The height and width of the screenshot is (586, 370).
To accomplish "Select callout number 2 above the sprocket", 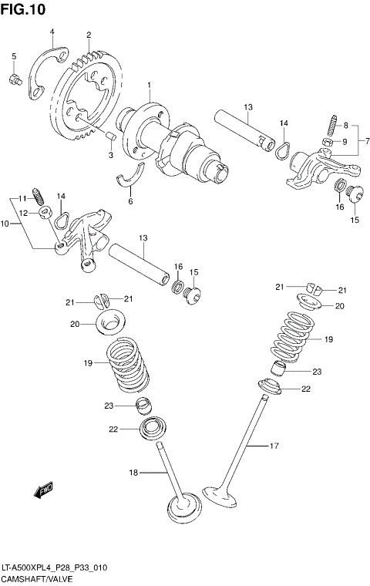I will pos(89,35).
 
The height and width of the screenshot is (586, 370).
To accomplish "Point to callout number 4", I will pos(52,32).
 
